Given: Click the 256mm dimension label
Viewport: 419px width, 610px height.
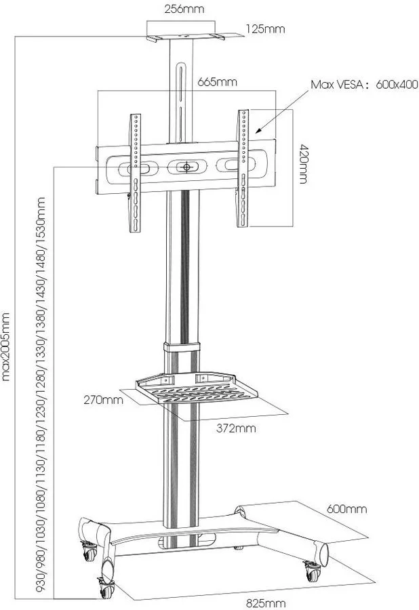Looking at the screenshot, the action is pos(184,9).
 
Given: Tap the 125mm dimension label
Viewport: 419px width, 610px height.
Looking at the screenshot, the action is pos(265,28).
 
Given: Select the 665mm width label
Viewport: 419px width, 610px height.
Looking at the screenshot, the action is pos(217,82).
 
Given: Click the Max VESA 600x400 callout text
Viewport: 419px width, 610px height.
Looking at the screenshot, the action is pos(364,85).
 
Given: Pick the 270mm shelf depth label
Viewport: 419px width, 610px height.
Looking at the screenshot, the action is pos(103,399).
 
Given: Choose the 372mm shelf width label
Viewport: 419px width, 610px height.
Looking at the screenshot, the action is pos(236,428).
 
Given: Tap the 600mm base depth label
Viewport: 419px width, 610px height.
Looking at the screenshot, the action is pos(346,509).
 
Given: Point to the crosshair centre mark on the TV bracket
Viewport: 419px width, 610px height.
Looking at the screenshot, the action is pos(186,167).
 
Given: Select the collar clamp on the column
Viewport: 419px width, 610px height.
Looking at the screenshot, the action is pos(182,347).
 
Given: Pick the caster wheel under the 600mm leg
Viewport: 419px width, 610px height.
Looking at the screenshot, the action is pos(313,571).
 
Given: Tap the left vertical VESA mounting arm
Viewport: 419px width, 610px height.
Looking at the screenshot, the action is pos(136,173).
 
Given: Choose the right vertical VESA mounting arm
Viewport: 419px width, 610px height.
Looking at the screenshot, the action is pos(243,169).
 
